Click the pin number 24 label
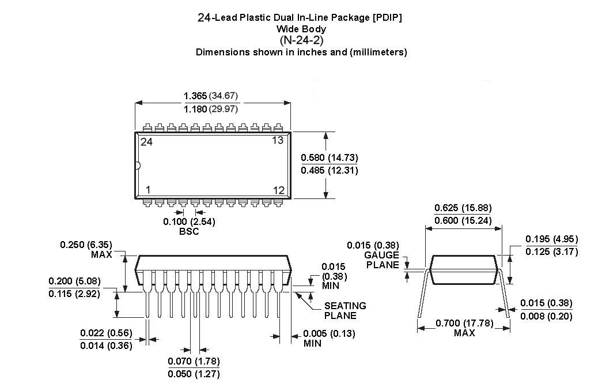point(146,142)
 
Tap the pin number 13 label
point(278,141)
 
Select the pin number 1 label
point(148,190)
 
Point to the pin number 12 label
point(278,190)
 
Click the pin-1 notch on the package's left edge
point(137,166)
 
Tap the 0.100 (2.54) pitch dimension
point(189,221)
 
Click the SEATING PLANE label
point(344,310)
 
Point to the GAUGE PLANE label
point(381,260)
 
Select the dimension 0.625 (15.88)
point(463,208)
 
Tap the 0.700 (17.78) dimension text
point(464,323)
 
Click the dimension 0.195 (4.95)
point(551,239)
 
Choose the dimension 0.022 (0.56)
point(106,333)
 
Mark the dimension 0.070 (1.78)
point(194,362)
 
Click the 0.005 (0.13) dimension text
point(330,333)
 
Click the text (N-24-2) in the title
point(301,40)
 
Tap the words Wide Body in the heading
point(301,29)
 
